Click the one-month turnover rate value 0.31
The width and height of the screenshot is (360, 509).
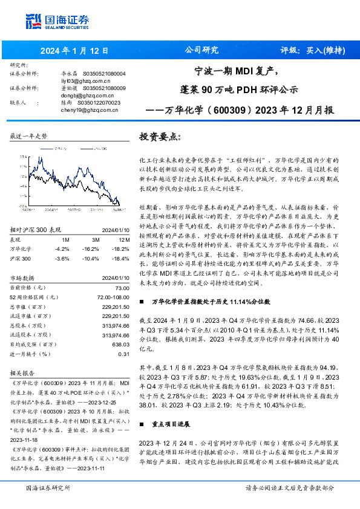(x=124, y=354)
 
